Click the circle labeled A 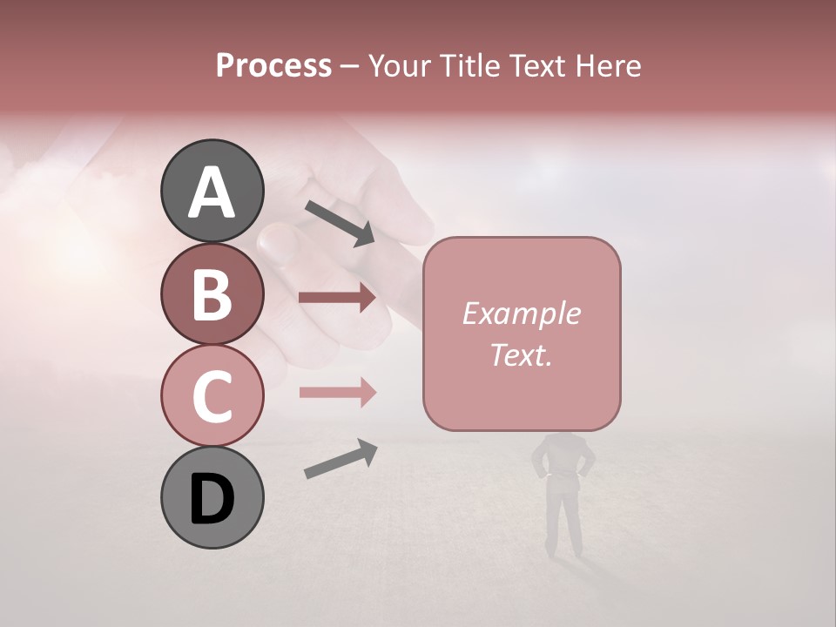click(212, 191)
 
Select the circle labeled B click(212, 293)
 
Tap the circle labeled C click(212, 395)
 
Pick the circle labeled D click(212, 498)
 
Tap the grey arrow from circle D click(340, 459)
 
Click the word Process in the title click(273, 66)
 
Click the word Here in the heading click(609, 66)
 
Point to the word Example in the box click(521, 313)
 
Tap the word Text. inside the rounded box click(521, 355)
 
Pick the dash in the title click(349, 66)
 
